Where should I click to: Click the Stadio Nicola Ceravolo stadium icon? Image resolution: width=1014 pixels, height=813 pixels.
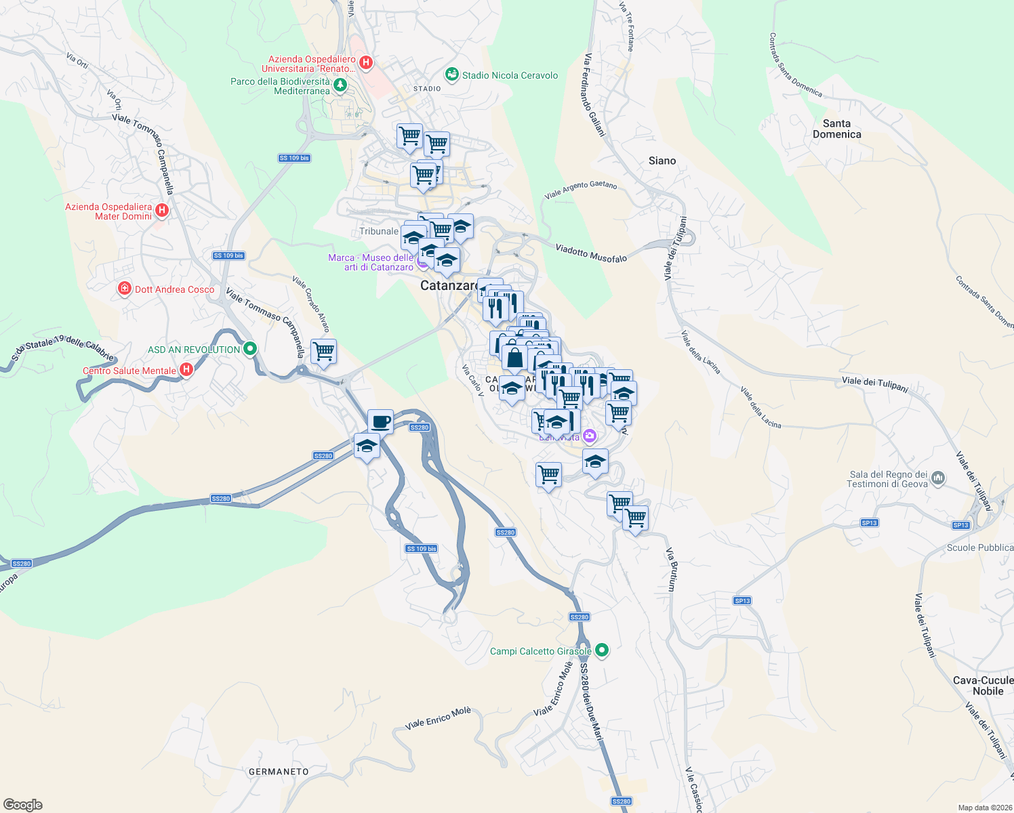point(451,74)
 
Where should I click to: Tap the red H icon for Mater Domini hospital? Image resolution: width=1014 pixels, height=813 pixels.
point(162,211)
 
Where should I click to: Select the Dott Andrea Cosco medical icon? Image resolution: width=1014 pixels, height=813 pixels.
point(124,289)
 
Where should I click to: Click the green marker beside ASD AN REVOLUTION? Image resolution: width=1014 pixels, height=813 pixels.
point(250,349)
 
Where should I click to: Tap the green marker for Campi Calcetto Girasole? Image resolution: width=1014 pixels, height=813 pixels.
point(601,650)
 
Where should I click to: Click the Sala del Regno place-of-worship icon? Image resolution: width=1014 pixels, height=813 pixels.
point(938,478)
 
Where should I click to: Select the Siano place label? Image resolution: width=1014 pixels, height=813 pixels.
point(662,161)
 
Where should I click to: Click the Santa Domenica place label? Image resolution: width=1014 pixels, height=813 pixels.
point(836,129)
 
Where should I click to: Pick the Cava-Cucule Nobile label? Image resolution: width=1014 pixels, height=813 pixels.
point(983,686)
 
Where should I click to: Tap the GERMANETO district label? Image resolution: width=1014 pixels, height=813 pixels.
point(279,772)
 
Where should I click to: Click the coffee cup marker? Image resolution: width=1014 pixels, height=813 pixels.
point(380,421)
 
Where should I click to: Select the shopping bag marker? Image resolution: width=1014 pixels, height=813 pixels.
point(514,358)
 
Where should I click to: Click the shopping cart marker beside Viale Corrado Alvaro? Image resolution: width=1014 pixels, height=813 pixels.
point(323,352)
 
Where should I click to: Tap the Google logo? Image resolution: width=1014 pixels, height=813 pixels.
point(23,805)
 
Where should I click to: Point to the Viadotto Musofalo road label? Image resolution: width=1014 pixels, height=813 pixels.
point(591,253)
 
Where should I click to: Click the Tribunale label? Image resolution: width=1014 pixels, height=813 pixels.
point(378,231)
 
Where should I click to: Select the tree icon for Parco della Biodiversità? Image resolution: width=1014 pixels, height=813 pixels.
point(340,85)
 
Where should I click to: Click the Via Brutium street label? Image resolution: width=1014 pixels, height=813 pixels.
point(672,569)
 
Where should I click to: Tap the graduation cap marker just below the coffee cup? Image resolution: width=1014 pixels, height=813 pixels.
point(367,446)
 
